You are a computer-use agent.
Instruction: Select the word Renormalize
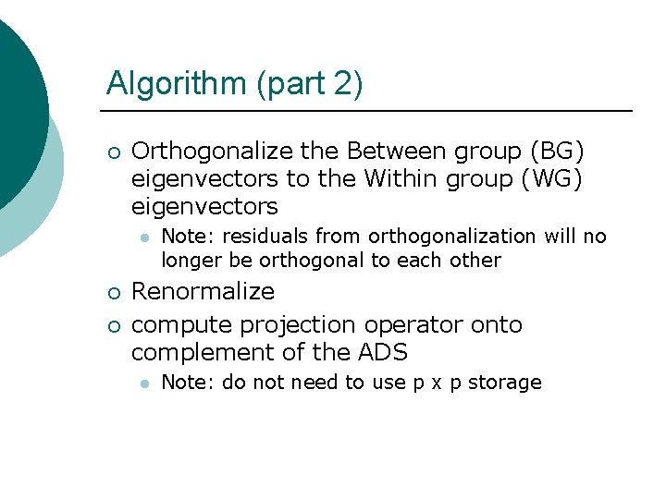(x=203, y=292)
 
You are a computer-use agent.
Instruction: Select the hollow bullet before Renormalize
(x=112, y=293)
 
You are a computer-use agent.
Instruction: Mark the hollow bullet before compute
(x=112, y=326)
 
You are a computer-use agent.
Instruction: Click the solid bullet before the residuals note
(x=143, y=237)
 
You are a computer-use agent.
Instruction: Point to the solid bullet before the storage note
(x=143, y=383)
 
